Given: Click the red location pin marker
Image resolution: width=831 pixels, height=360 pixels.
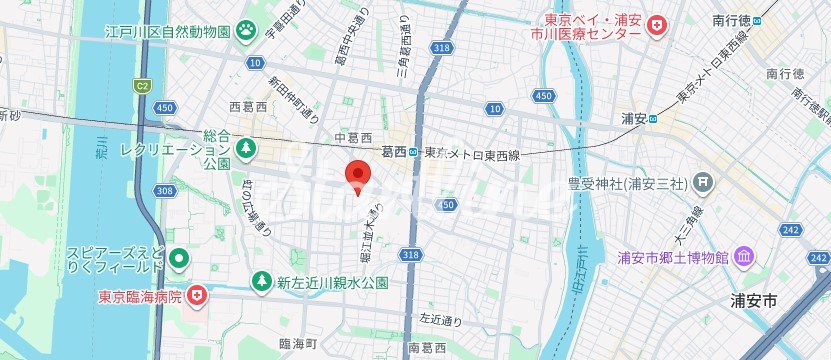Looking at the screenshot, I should tap(358, 175).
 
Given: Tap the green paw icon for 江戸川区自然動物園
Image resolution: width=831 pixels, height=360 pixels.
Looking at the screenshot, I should tap(247, 32).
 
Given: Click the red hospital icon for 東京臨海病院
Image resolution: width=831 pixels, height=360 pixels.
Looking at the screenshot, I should tap(198, 295).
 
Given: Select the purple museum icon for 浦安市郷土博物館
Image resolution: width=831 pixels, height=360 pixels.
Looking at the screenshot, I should tap(745, 259).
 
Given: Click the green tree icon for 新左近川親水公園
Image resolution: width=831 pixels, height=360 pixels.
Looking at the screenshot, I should tap(262, 282).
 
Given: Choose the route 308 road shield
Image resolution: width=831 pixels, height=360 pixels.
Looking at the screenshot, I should tap(165, 190).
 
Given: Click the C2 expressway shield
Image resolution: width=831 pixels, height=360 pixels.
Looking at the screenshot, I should tap(142, 85).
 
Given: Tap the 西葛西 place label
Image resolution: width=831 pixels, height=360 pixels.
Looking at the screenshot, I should tap(248, 106).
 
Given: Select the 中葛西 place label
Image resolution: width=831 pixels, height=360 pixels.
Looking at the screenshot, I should tap(353, 137).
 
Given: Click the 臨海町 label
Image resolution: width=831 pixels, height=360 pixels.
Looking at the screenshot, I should tap(298, 344).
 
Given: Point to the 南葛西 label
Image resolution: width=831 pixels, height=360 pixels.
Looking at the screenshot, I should tap(427, 348).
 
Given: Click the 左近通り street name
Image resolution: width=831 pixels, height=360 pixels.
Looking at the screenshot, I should tap(441, 320).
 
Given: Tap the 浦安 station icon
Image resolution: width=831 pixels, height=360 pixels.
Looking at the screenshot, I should tap(653, 118).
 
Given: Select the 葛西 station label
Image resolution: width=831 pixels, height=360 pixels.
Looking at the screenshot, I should tap(394, 152).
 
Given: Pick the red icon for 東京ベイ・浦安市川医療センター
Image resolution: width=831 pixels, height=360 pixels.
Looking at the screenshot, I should tap(656, 25).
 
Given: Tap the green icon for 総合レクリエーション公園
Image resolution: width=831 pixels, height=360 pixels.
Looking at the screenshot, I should tap(246, 149).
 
